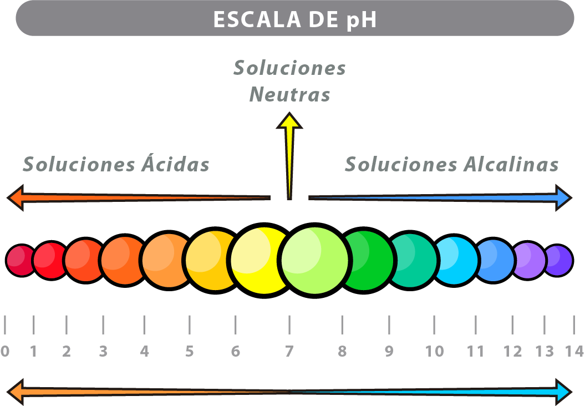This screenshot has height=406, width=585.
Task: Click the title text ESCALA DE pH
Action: coord(295,19)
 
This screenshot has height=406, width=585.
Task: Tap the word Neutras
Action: coord(289,94)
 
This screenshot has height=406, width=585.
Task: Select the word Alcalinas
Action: coord(511,164)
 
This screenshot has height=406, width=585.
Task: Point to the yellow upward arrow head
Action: coord(289,120)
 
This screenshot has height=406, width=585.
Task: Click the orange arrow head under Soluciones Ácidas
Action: coord(16,198)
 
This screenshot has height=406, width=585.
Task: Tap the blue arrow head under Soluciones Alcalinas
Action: coord(563,198)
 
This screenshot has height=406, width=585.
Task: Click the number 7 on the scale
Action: coord(289,351)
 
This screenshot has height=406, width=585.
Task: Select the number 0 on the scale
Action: coord(5,351)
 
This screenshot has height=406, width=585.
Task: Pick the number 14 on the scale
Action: coord(574,351)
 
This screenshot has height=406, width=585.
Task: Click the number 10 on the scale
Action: coord(434,351)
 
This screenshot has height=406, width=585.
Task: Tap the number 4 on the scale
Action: coord(144,351)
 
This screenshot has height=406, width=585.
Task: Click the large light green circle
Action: coord(314,260)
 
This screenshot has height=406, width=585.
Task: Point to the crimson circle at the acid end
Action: coord(21,261)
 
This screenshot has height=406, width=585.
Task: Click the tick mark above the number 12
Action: coord(512,324)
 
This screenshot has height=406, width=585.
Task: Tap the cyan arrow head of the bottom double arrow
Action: coord(563,392)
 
